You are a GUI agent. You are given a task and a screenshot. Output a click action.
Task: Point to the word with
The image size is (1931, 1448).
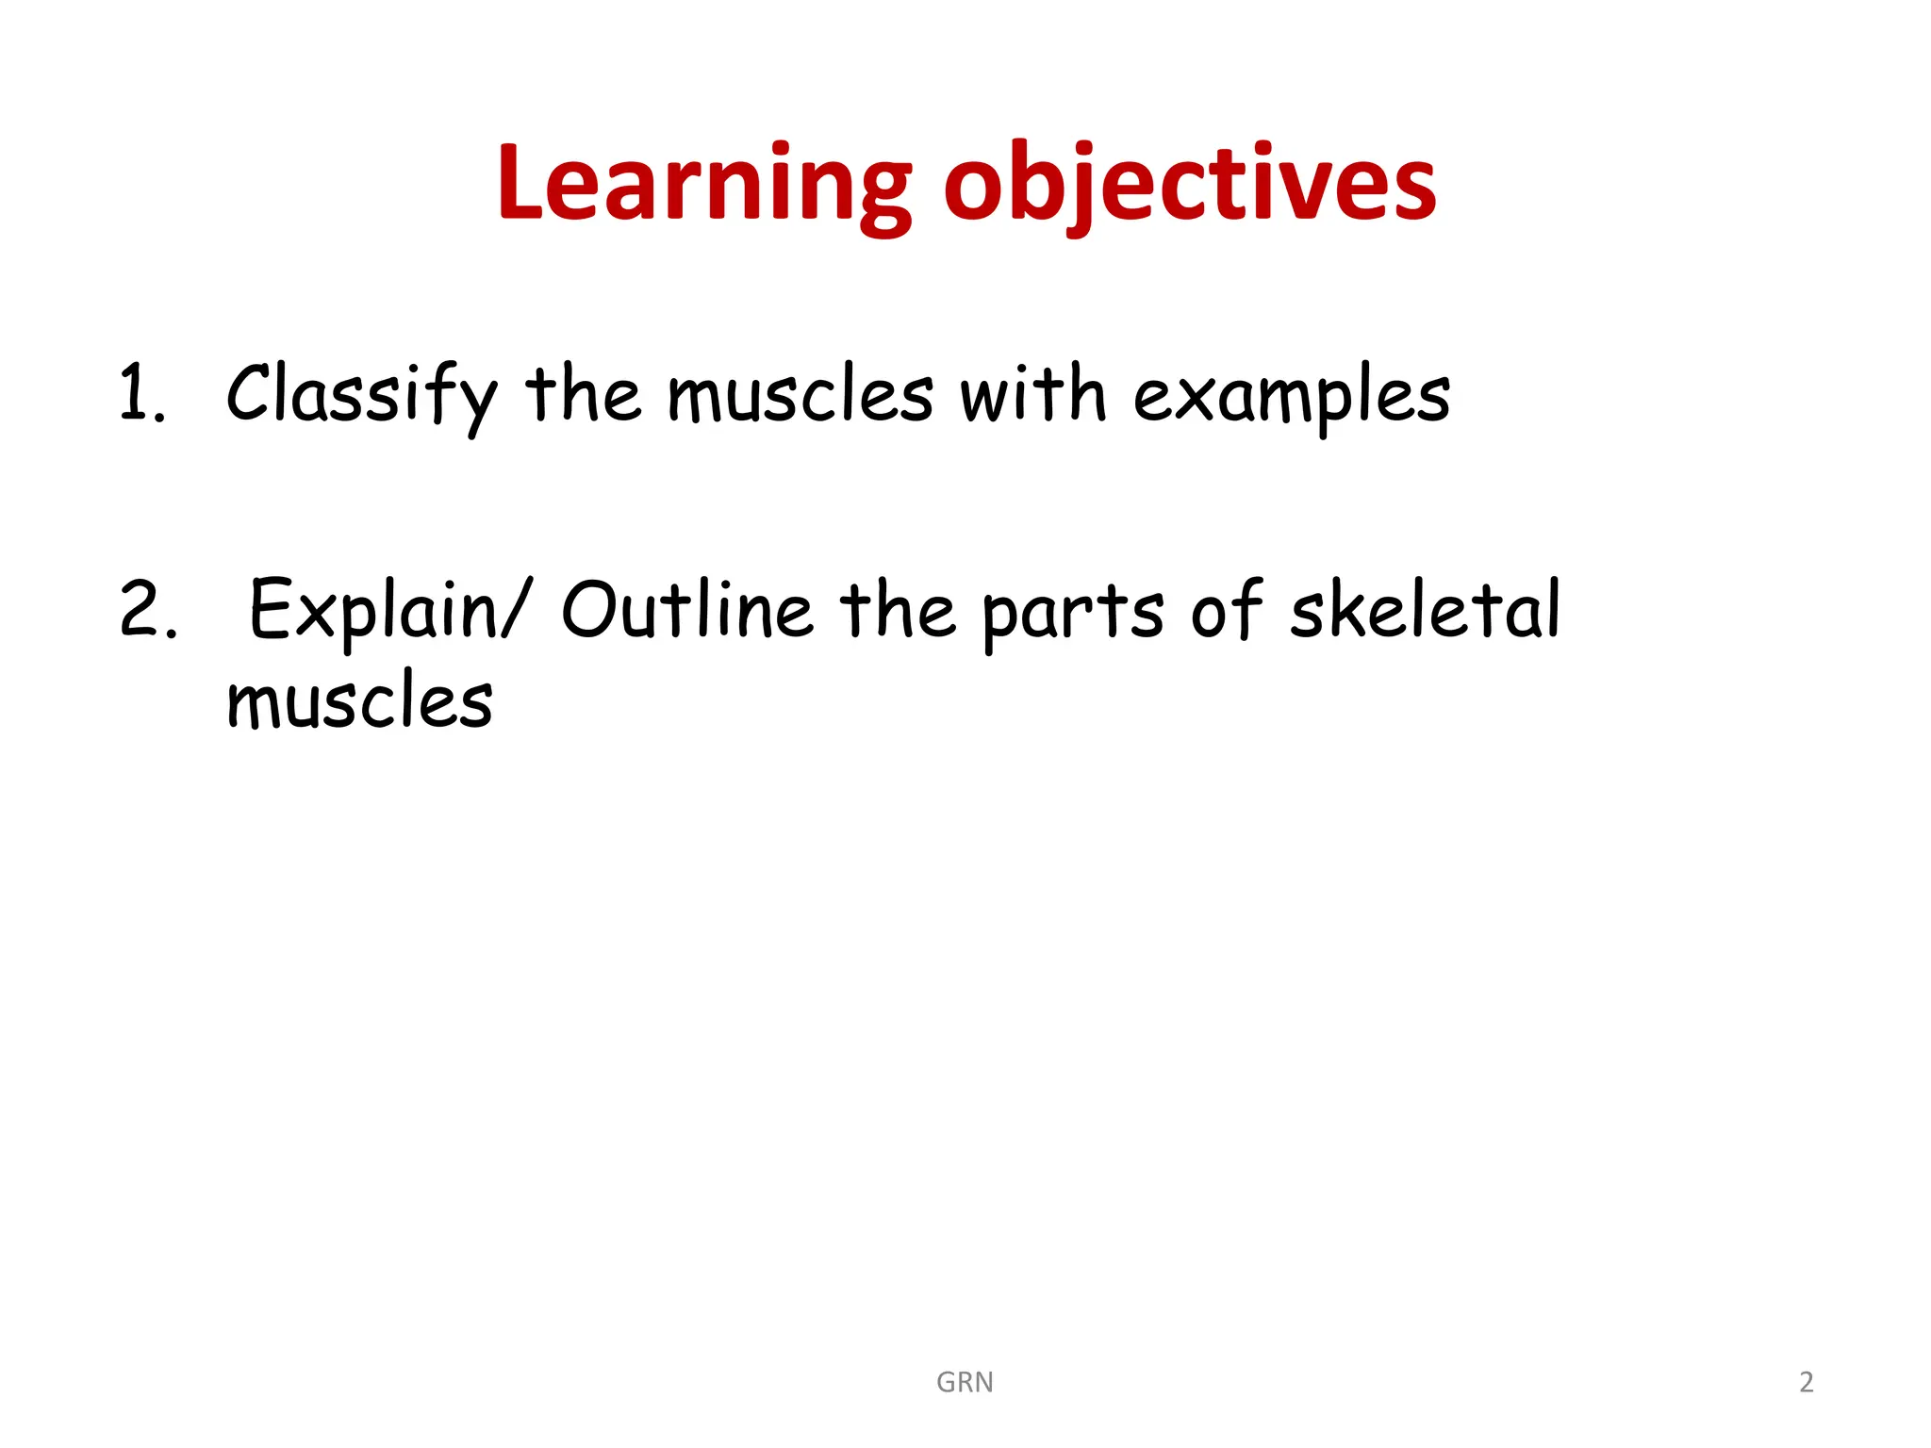pyautogui.click(x=1032, y=394)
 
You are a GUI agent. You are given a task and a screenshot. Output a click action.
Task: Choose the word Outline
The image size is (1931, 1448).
pyautogui.click(x=686, y=610)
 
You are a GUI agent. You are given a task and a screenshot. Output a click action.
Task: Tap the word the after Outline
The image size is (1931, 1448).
pyautogui.click(x=898, y=610)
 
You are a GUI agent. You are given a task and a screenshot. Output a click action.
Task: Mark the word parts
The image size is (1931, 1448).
pyautogui.click(x=1073, y=614)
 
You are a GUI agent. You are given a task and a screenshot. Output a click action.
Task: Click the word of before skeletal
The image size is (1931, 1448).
pyautogui.click(x=1227, y=610)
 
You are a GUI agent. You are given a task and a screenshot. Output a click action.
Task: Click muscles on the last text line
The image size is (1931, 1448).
pyautogui.click(x=359, y=701)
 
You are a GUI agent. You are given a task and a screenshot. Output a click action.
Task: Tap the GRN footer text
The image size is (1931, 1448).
pyautogui.click(x=965, y=1382)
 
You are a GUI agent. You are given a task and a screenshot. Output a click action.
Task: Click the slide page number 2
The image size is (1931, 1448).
pyautogui.click(x=1806, y=1382)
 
